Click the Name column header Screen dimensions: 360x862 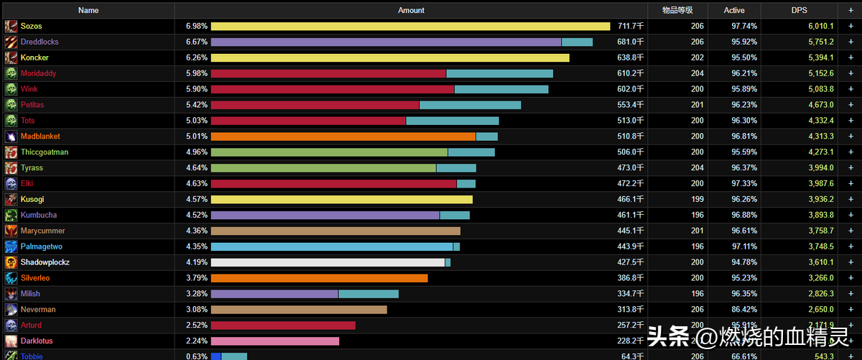[88, 10]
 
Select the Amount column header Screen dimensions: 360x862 [411, 10]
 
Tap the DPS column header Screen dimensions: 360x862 [800, 10]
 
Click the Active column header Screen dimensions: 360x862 [734, 10]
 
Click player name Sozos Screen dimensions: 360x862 [32, 26]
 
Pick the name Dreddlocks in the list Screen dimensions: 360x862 [40, 42]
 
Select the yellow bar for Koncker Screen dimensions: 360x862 [390, 57]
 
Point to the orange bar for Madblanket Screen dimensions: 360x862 [343, 137]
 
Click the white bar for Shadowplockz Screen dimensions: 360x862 [328, 262]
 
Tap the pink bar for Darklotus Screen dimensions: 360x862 [275, 341]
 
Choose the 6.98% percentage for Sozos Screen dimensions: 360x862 [196, 26]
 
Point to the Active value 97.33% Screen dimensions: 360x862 [744, 184]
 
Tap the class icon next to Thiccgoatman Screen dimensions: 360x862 [11, 152]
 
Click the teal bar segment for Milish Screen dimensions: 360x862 [369, 294]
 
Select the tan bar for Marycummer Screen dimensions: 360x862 [335, 231]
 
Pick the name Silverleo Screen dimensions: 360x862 [35, 278]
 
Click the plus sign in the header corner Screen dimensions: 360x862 [851, 10]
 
